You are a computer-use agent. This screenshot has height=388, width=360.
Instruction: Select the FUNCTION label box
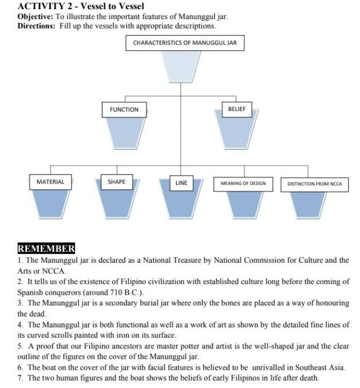coord(124,109)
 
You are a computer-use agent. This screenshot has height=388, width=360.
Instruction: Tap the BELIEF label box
coord(236,109)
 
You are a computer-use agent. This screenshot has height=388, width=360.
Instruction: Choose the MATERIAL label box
coord(50,182)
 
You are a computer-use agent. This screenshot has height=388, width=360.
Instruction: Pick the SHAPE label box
coord(116,182)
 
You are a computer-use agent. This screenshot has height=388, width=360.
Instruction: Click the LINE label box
coord(181,183)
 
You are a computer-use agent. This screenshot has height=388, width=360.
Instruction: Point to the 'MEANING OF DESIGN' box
coord(243,184)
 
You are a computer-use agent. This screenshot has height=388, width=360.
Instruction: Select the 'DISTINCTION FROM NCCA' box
coord(314,184)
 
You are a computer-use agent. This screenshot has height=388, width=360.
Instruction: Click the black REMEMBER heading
coord(46,249)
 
